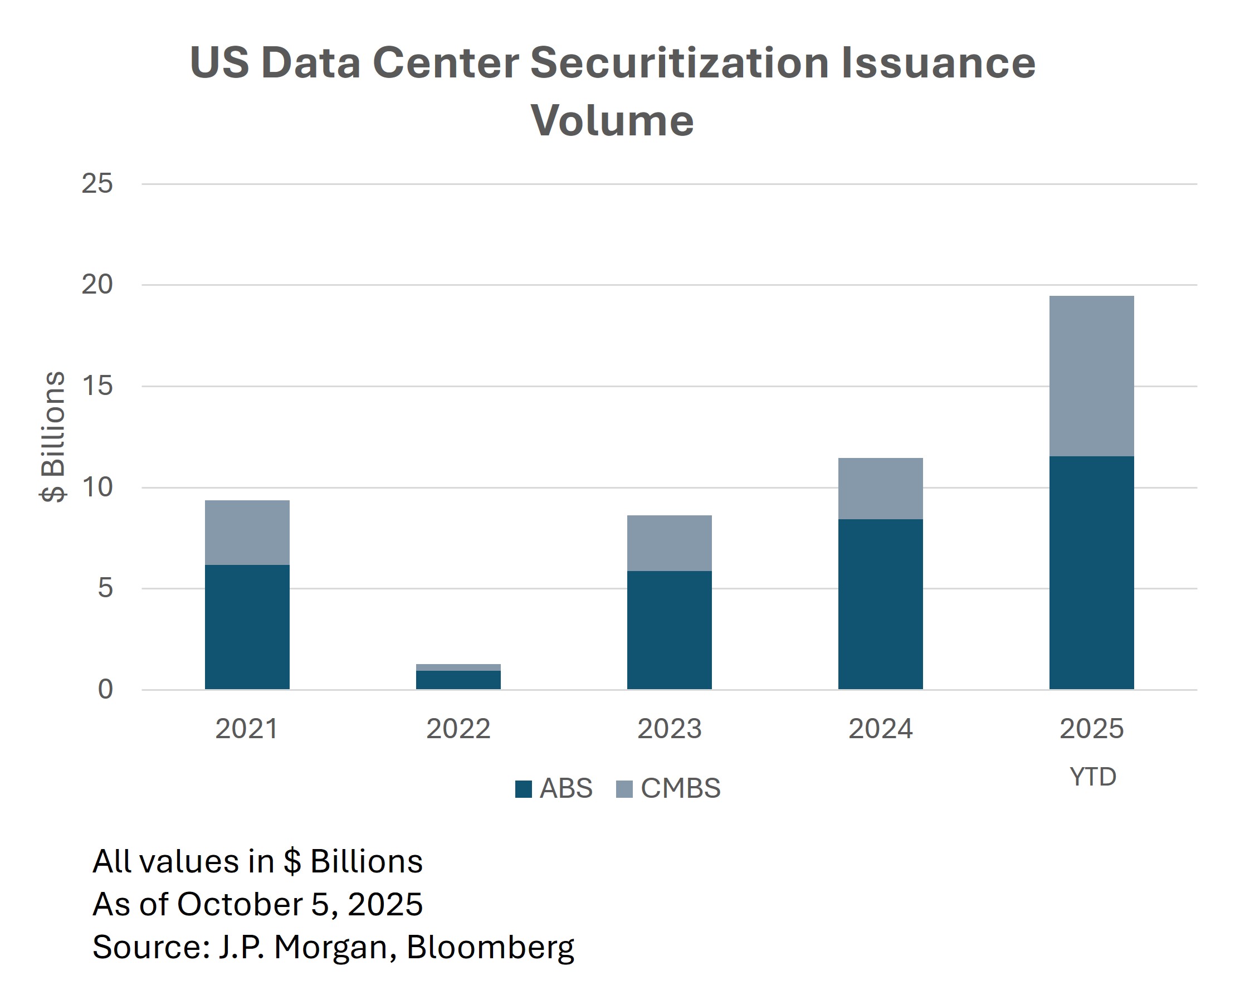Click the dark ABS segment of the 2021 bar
pyautogui.click(x=247, y=627)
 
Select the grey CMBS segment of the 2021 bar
pyautogui.click(x=247, y=532)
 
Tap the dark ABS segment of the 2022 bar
pyautogui.click(x=458, y=680)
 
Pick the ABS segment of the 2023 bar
pyautogui.click(x=669, y=630)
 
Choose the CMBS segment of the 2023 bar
pyautogui.click(x=669, y=543)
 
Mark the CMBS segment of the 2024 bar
pyautogui.click(x=880, y=489)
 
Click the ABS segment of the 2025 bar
pyautogui.click(x=1091, y=572)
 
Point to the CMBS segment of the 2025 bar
pyautogui.click(x=1091, y=375)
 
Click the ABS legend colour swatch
pyautogui.click(x=523, y=789)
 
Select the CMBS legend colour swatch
pyautogui.click(x=624, y=789)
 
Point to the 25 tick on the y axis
pyautogui.click(x=97, y=183)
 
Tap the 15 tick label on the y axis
pyautogui.click(x=97, y=386)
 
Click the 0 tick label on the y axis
pyautogui.click(x=105, y=689)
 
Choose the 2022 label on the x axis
pyautogui.click(x=458, y=729)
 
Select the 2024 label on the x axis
pyautogui.click(x=880, y=729)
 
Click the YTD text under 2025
pyautogui.click(x=1092, y=777)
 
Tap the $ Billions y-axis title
pyautogui.click(x=53, y=437)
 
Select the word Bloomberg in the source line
pyautogui.click(x=490, y=947)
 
